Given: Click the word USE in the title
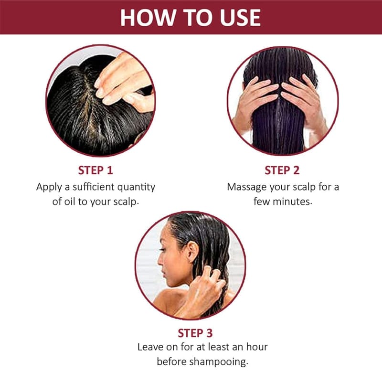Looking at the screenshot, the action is click(240, 18).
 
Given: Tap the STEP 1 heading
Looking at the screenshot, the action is click(95, 170).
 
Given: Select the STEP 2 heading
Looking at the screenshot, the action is click(282, 170).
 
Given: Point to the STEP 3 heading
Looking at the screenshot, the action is click(195, 333).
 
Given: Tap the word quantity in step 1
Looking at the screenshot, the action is click(136, 188).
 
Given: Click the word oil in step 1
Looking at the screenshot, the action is click(70, 202).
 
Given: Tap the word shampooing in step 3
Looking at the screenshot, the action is click(219, 362).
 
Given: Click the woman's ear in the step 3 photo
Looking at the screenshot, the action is click(192, 252).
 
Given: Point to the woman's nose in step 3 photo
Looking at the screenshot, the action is click(160, 260).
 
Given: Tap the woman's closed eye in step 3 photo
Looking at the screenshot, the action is click(162, 250).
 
